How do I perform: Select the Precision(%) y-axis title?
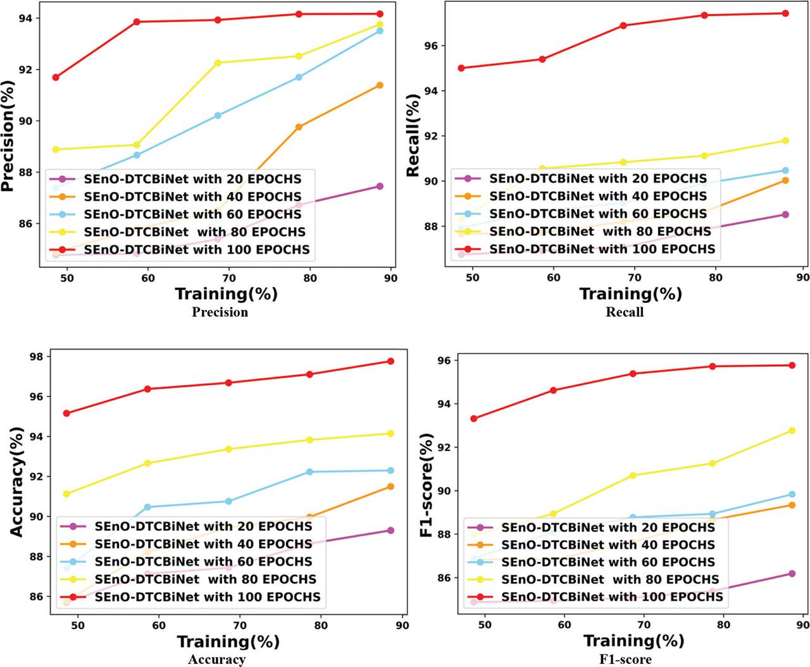[x=8, y=136]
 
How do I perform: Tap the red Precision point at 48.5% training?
[x=56, y=77]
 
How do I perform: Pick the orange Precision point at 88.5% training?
[x=380, y=85]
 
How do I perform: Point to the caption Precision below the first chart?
[x=220, y=312]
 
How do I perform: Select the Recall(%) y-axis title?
[x=413, y=135]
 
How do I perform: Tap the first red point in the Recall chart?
[x=461, y=68]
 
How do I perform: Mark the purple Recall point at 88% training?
[x=785, y=214]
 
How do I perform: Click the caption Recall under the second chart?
[x=625, y=312]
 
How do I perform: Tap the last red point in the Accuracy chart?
[x=390, y=361]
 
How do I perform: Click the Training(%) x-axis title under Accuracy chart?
[x=228, y=641]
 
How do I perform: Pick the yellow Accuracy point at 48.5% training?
[x=66, y=494]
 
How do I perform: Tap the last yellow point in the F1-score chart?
[x=792, y=431]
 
